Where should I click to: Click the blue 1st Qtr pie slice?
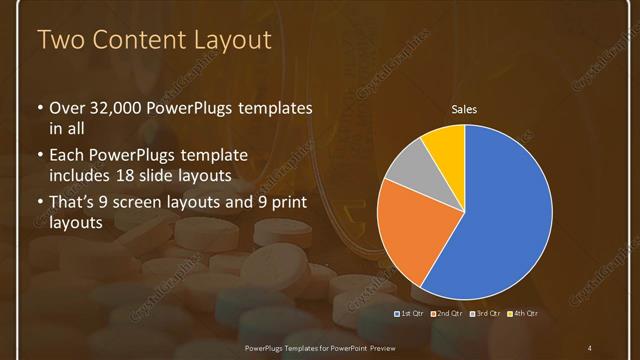click(x=500, y=215)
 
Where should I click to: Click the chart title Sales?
click(x=464, y=108)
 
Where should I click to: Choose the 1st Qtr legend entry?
click(x=411, y=314)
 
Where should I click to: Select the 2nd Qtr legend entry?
click(x=447, y=314)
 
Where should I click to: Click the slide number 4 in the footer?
click(x=589, y=348)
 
